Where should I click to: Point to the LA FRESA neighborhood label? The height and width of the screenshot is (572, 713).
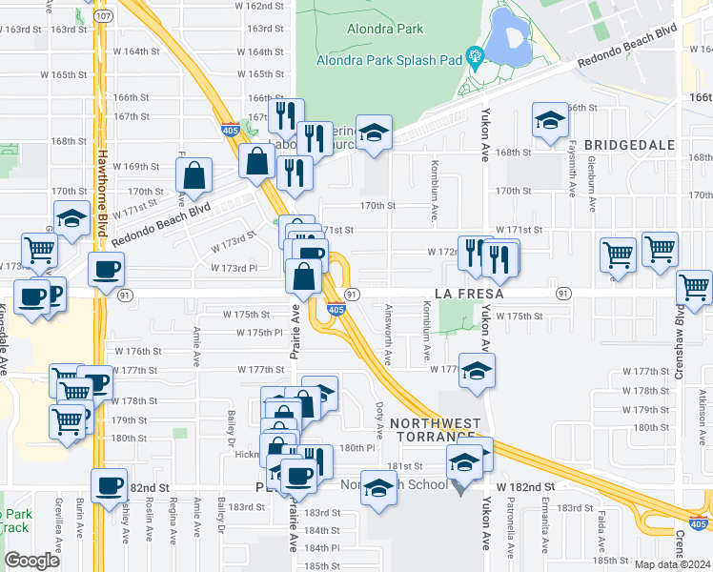(x=469, y=293)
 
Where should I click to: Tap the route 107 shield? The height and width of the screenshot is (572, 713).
(x=104, y=17)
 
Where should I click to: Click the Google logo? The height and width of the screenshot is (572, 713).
(x=32, y=561)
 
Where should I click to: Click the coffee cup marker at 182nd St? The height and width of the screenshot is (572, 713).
(x=110, y=484)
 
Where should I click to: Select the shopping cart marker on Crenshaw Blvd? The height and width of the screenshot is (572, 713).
(x=694, y=286)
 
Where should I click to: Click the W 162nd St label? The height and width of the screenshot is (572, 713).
(x=257, y=6)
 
